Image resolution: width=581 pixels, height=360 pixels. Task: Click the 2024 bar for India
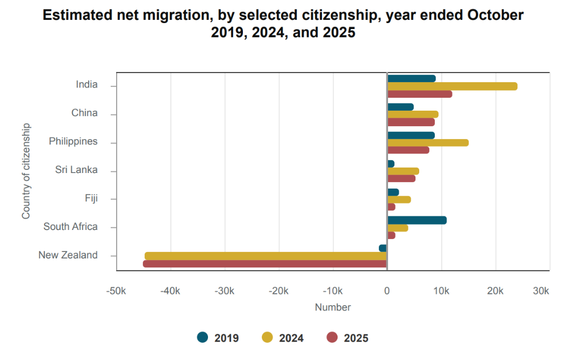click(x=452, y=87)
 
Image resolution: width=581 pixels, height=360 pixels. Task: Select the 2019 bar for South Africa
click(x=417, y=220)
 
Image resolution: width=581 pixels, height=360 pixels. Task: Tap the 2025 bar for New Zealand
click(x=265, y=264)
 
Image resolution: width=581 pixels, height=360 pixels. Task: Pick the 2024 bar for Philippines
click(x=428, y=143)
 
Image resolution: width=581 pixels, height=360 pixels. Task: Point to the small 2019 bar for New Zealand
click(x=383, y=248)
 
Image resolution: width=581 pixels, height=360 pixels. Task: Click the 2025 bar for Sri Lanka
click(x=401, y=178)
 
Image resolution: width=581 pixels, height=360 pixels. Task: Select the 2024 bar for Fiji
click(x=399, y=199)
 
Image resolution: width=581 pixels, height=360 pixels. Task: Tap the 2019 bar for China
click(x=400, y=107)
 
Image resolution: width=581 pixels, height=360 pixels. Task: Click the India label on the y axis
click(x=87, y=84)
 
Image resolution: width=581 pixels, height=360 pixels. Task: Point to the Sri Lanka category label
click(x=76, y=170)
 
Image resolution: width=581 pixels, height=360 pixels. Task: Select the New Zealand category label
click(x=68, y=255)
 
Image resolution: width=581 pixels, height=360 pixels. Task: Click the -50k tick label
click(x=116, y=291)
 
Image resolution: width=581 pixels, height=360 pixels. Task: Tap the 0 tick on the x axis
click(x=387, y=291)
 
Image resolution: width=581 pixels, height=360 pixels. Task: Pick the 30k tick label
click(x=541, y=291)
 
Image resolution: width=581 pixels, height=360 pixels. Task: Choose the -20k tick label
click(x=279, y=291)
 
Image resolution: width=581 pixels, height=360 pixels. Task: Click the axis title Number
click(x=333, y=307)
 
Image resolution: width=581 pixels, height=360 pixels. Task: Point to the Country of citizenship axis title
click(x=26, y=171)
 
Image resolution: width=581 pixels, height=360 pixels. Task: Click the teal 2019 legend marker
click(x=203, y=337)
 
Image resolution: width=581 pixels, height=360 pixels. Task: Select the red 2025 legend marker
click(x=332, y=337)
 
